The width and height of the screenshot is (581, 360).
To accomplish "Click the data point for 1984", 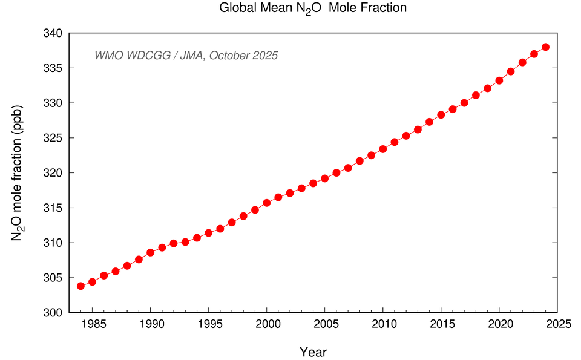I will pos(80,286).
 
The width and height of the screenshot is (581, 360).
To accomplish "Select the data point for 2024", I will pos(545,47).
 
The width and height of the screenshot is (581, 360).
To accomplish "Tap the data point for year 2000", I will pos(266,203).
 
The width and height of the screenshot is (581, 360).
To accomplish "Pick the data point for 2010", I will pos(382,149).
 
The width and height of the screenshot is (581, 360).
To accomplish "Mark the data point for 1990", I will pos(150,252).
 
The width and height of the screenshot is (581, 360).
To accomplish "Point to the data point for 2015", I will pos(441,114).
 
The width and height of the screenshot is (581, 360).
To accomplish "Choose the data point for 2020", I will pos(499,80).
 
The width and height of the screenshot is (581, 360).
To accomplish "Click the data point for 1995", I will pos(208,233).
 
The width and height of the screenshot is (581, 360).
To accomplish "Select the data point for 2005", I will pos(324,178).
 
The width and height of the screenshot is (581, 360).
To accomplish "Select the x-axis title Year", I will pos(313,351).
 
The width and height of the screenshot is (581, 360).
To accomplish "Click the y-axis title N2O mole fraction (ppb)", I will pos(18,173).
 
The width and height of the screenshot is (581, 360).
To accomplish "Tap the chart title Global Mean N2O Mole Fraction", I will pos(313,8).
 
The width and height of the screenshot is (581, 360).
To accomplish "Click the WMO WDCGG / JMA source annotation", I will pos(186,56).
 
